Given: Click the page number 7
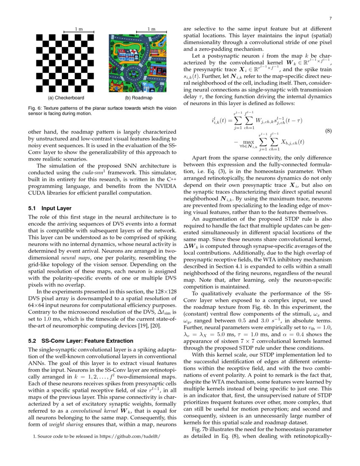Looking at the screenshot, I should point(330,19).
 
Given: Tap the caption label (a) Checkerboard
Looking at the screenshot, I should point(64,98).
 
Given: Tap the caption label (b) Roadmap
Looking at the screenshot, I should point(139,98).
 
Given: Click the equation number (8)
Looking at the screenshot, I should point(328,131).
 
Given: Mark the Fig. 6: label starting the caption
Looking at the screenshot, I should point(35,108).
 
